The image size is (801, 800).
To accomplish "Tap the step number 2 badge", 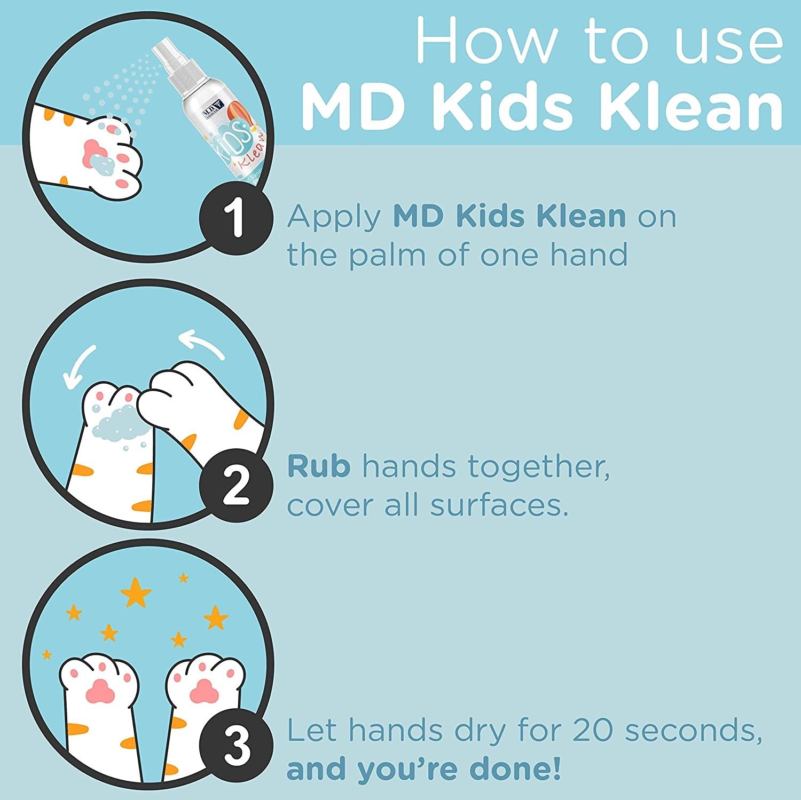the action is (236, 486).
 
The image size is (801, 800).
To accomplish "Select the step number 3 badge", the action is (236, 747).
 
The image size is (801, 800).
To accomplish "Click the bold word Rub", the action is (319, 466).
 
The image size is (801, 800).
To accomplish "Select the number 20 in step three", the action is (593, 730).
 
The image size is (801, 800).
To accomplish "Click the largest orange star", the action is (136, 592).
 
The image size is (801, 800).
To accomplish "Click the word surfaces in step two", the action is (499, 505).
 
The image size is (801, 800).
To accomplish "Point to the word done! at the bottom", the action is (515, 769).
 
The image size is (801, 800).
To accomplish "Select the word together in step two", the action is (539, 466).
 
